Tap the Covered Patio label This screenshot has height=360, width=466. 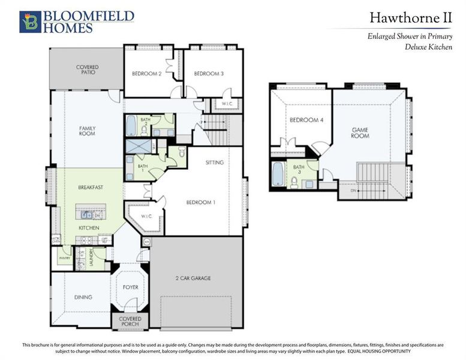tap(87, 70)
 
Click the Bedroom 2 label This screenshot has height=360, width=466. tap(147, 74)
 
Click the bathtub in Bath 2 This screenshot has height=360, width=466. tap(131, 126)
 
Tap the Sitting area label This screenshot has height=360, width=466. tap(214, 163)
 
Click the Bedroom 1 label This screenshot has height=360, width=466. tap(200, 202)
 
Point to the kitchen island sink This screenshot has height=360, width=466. tap(88, 214)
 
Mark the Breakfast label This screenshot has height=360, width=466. tap(91, 187)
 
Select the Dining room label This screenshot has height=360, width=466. tap(83, 297)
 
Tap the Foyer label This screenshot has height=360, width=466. tap(130, 287)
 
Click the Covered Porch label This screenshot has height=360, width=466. tap(130, 322)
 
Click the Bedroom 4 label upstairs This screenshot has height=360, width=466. tap(306, 120)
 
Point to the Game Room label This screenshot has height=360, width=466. tap(360, 132)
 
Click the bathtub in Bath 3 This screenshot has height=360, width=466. tap(278, 175)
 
